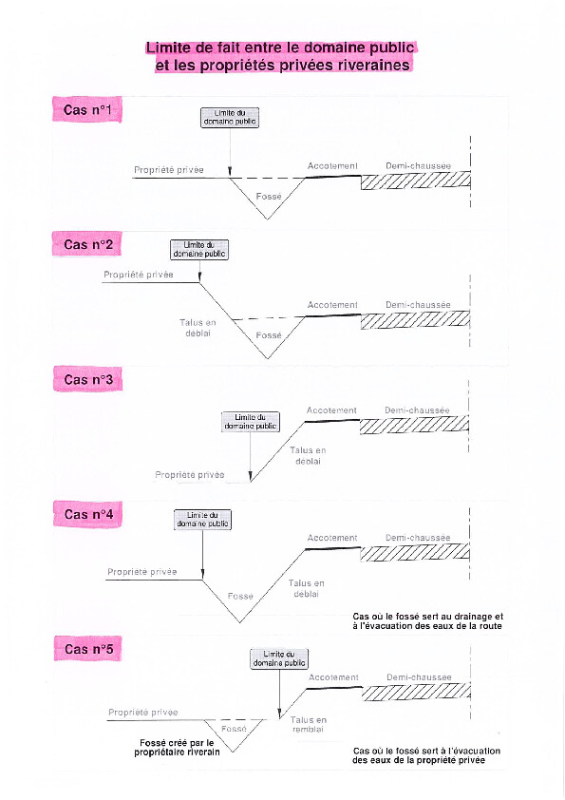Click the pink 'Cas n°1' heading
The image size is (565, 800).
87,109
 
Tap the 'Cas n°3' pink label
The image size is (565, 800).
88,380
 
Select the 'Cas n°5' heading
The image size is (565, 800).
88,649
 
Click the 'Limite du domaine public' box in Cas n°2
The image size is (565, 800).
198,250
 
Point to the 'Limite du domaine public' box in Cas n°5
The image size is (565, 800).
279,658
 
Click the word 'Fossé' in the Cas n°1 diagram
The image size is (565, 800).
269,197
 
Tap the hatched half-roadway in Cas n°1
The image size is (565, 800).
416,181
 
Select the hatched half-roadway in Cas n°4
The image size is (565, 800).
415,553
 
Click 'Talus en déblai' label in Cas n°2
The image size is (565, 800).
198,328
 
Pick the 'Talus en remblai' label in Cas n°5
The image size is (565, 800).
308,725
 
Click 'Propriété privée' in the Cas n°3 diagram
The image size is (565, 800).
190,474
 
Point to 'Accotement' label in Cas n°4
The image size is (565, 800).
332,538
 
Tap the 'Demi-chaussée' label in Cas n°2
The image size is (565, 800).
418,305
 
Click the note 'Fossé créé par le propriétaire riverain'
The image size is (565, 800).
177,748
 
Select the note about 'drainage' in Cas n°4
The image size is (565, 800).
428,621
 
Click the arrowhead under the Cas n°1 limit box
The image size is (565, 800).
230,172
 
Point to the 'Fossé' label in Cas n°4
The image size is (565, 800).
240,596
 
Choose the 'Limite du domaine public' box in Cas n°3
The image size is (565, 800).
251,422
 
